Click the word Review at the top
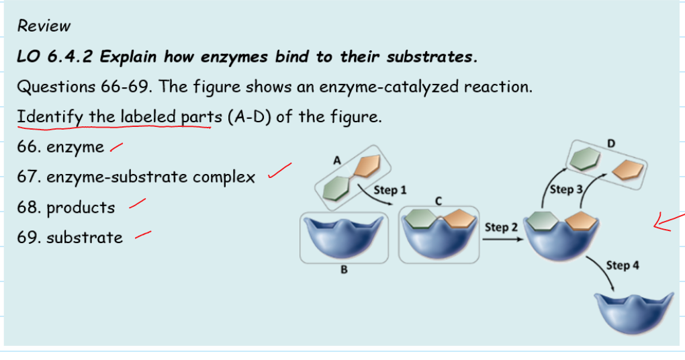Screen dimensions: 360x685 coord(44,26)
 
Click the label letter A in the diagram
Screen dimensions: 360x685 coord(337,161)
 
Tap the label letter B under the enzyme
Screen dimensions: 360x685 coord(344,271)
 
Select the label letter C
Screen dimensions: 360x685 coord(438,200)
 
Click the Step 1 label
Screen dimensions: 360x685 coord(390,190)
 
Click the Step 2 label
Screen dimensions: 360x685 coord(501,227)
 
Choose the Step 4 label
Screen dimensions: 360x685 coord(622,265)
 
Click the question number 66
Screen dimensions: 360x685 coord(29,147)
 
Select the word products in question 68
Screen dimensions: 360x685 coord(81,208)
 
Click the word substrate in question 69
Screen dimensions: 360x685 coord(85,237)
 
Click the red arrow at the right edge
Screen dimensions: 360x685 coord(669,222)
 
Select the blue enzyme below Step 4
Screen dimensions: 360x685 coord(633,312)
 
